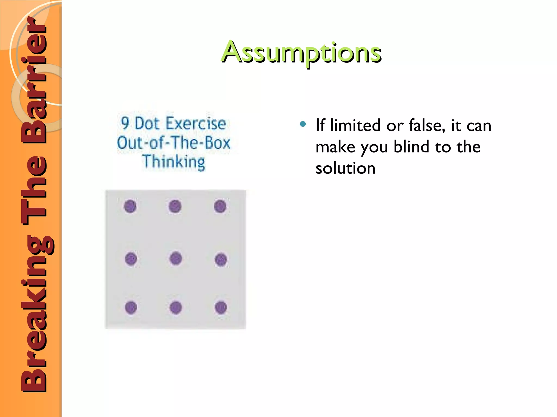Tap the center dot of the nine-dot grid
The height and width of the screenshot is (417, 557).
(175, 258)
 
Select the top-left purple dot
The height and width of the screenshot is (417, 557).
(130, 206)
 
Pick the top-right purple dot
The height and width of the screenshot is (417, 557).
(220, 206)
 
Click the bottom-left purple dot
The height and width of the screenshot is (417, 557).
(131, 308)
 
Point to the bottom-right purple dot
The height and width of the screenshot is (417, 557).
(221, 308)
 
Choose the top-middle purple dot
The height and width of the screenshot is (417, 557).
(175, 206)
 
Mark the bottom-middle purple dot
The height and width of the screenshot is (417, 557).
(175, 308)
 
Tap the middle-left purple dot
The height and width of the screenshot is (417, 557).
(131, 259)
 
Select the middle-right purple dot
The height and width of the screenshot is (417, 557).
(221, 259)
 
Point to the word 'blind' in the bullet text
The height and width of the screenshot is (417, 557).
(410, 147)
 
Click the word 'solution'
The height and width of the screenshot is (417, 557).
(345, 168)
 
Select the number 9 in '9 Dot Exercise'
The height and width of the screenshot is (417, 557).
(125, 124)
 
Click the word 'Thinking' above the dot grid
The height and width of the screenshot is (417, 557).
(174, 162)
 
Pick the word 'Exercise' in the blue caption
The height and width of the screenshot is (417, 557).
(196, 124)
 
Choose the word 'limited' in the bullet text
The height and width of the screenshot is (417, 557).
(355, 125)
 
